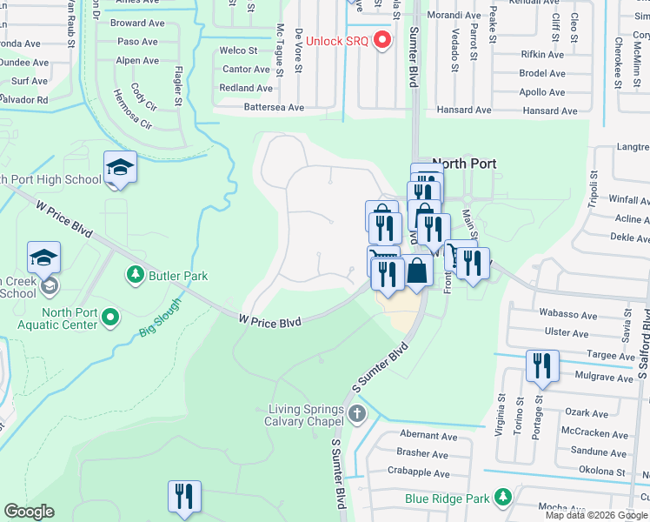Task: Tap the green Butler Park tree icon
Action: pyautogui.click(x=135, y=276)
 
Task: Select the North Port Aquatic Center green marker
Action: pyautogui.click(x=109, y=318)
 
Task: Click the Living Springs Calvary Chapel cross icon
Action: pyautogui.click(x=357, y=413)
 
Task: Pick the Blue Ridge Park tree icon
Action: pyautogui.click(x=502, y=498)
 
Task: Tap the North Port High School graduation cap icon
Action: pyautogui.click(x=120, y=167)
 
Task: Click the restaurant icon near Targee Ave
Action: pyautogui.click(x=542, y=366)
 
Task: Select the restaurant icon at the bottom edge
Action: pyautogui.click(x=184, y=497)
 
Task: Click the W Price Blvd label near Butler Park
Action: pyautogui.click(x=270, y=322)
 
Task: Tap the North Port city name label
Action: pyautogui.click(x=465, y=164)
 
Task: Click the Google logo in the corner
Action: pyautogui.click(x=29, y=512)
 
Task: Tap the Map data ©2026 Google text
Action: pyautogui.click(x=596, y=515)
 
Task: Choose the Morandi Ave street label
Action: pyautogui.click(x=452, y=16)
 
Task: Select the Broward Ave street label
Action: pyautogui.click(x=139, y=23)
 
